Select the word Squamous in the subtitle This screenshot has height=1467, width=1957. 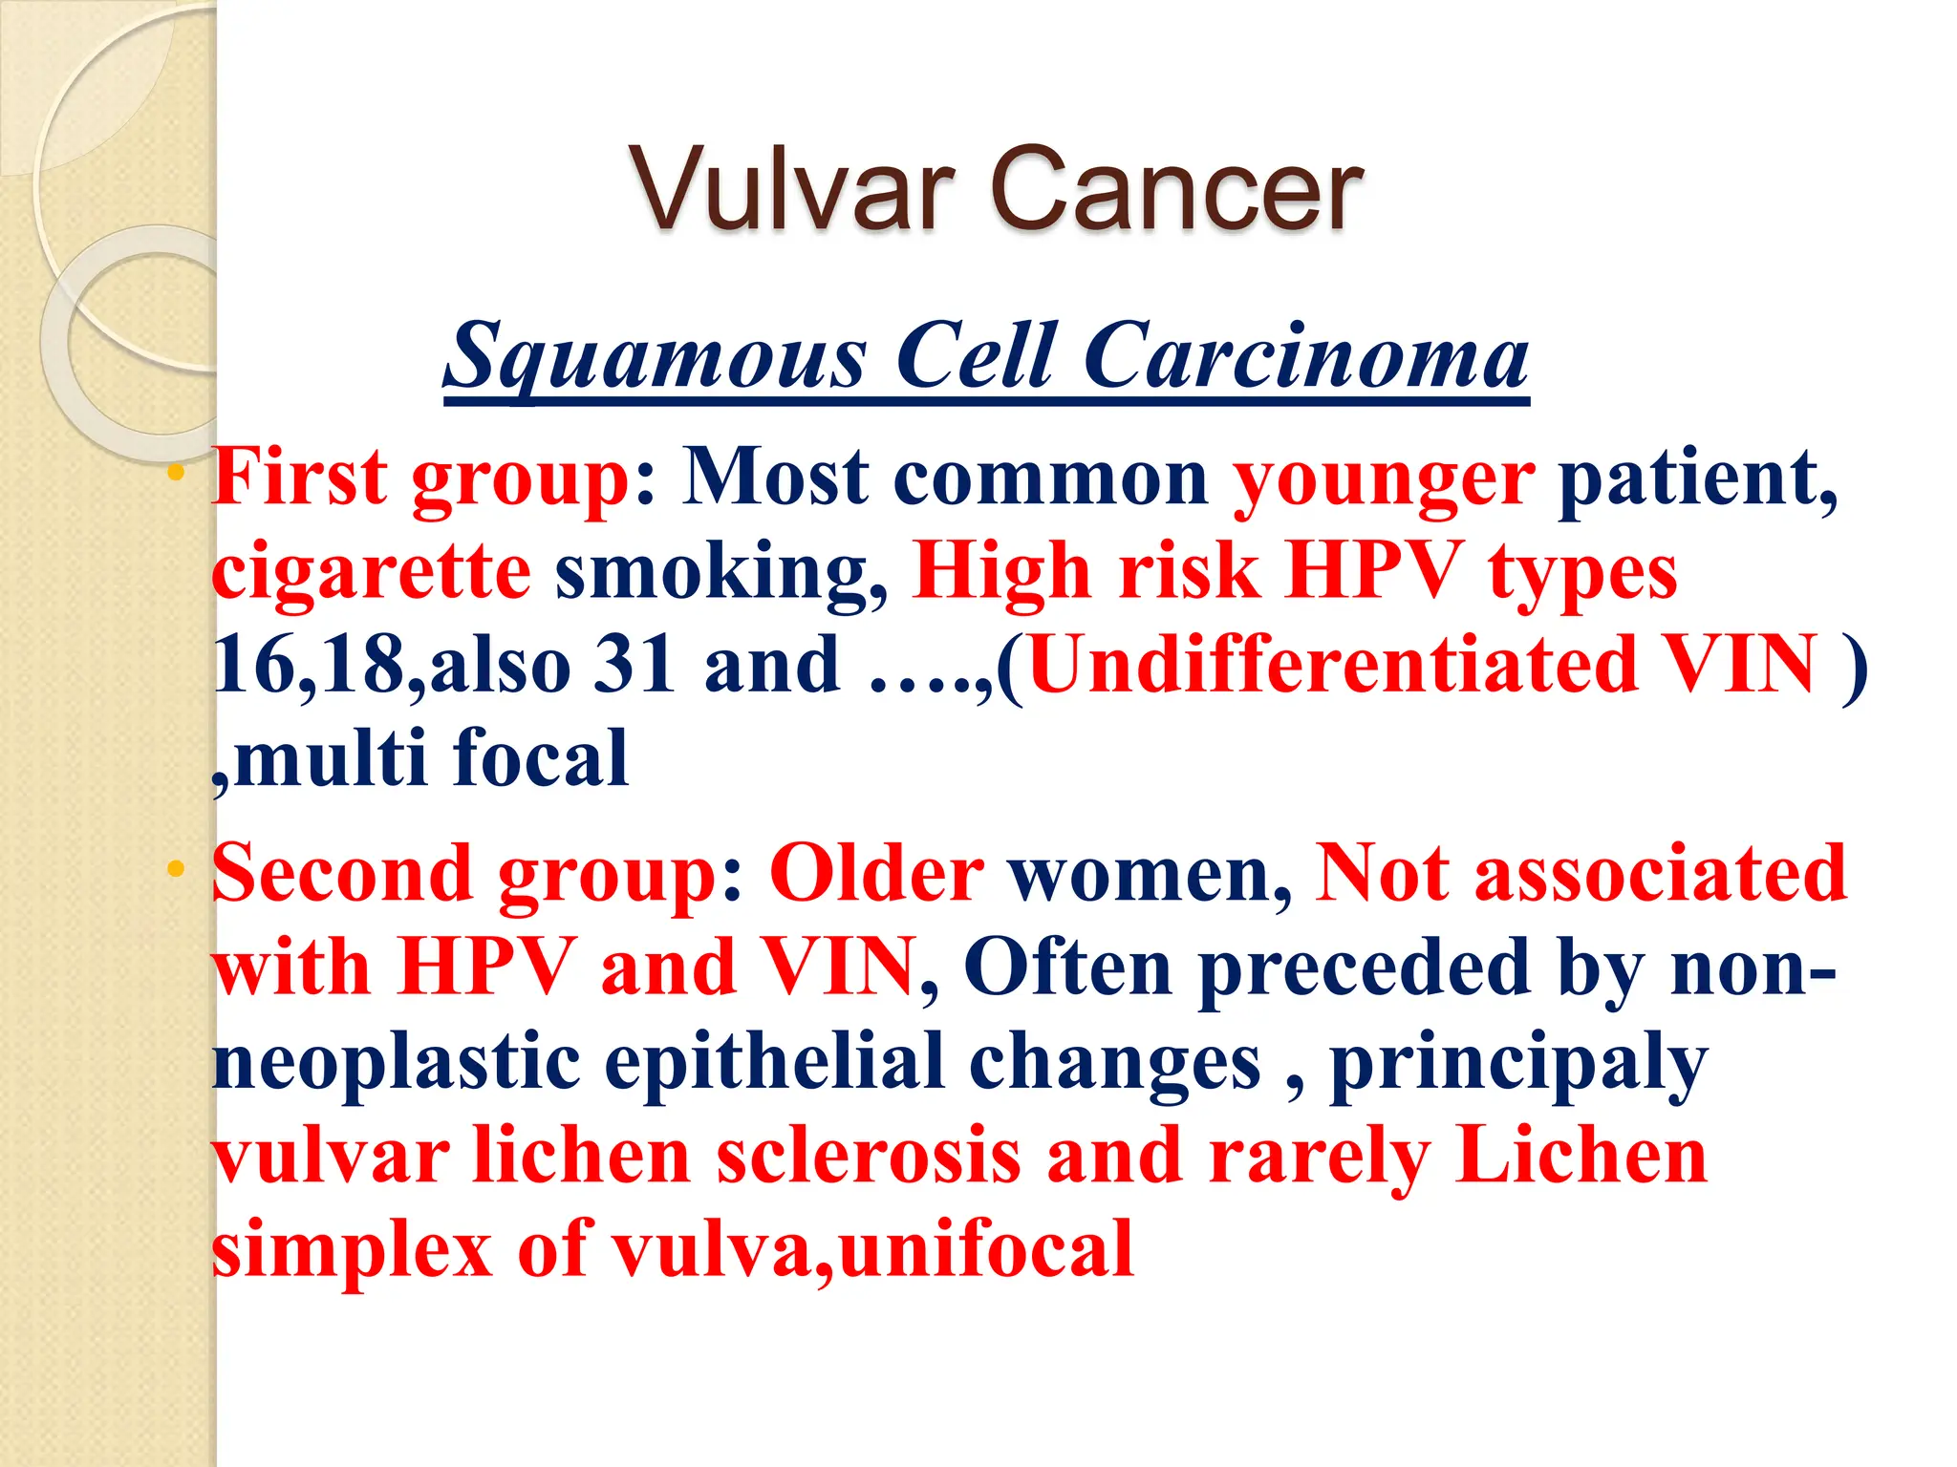657,357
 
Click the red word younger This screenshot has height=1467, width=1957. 1383,480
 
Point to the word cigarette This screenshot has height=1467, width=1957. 371,573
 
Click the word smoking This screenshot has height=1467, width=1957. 721,573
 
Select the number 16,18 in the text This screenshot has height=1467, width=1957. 309,666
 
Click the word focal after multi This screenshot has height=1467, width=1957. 540,758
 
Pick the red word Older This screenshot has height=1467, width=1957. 876,874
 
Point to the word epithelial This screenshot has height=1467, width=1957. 774,1062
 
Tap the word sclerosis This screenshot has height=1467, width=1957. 868,1156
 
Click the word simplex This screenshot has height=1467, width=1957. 352,1250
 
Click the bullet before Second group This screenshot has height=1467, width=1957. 174,870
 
